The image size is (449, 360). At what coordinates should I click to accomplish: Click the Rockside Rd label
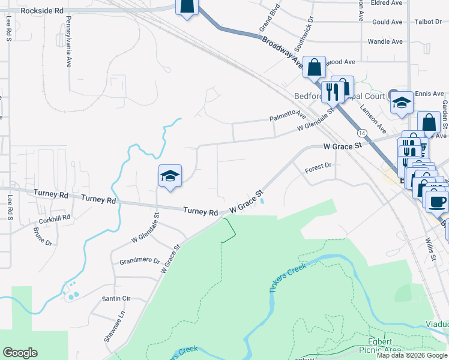tap(41, 11)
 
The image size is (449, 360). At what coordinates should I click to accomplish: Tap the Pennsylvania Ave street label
tap(68, 41)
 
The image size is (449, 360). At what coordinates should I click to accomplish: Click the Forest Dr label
tap(318, 166)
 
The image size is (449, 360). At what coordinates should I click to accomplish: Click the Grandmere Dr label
tap(139, 262)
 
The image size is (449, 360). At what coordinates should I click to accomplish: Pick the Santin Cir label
tap(116, 298)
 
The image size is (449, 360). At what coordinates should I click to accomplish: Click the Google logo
tap(20, 353)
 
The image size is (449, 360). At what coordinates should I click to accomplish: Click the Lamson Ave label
tap(373, 116)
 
